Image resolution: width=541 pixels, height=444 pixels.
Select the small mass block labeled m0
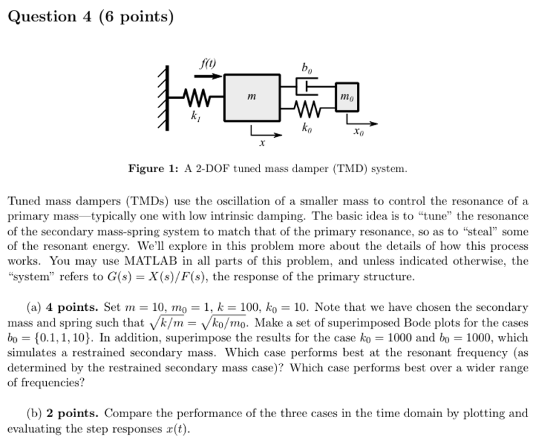347,97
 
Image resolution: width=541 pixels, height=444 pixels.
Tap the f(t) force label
205,63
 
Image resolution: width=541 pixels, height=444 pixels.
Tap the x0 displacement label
358,132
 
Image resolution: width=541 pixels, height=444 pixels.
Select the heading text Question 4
90,16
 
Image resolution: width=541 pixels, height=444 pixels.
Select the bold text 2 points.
72,413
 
